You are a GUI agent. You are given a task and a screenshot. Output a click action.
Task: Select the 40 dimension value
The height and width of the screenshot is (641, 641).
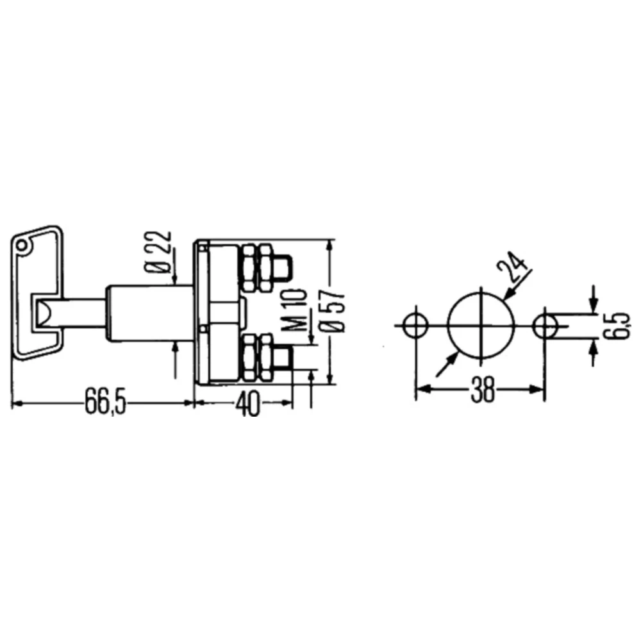click(x=247, y=403)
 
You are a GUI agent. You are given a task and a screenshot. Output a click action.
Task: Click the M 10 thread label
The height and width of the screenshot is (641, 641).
click(x=301, y=310)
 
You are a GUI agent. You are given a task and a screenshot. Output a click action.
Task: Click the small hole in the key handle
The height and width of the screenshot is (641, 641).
click(x=21, y=246)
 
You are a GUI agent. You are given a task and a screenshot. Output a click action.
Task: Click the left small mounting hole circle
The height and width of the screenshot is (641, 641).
click(x=415, y=326)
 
